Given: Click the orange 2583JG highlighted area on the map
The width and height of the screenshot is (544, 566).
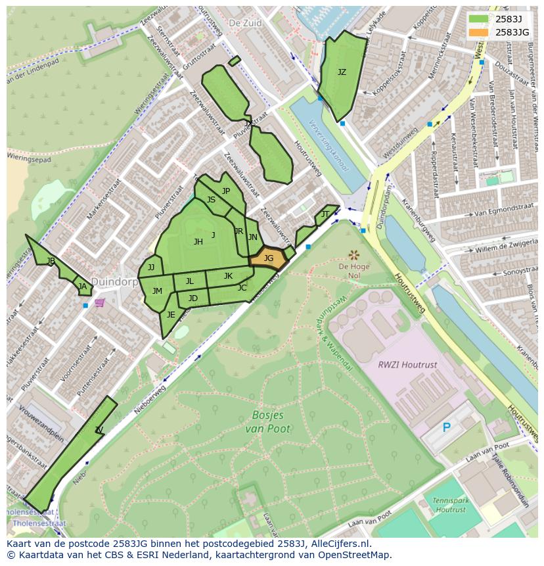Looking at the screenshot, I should tap(269, 258).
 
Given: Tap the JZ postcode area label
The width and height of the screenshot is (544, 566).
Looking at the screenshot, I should tap(342, 72).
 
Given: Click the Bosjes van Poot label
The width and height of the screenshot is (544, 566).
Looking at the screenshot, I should tap(269, 422).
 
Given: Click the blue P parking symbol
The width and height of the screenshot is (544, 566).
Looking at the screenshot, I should tap(447, 428).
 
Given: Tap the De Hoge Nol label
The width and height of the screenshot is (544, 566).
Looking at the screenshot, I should tap(354, 271).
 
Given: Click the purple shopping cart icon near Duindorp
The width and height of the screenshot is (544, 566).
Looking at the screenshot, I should tap(99, 302).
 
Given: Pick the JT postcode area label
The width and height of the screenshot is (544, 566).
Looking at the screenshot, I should tap(325, 214).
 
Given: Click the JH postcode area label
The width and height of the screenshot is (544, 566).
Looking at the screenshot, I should tap(198, 242).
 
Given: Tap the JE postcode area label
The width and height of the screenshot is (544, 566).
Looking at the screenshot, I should tap(171, 315).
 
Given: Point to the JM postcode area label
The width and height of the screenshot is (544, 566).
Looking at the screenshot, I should tap(157, 291).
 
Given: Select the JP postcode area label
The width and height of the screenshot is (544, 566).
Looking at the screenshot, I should tap(226, 191).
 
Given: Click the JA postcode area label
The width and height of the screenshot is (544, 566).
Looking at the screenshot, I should tap(82, 287).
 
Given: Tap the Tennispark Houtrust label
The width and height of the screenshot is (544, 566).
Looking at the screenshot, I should tap(450, 505).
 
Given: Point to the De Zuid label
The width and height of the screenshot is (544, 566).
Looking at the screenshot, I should tap(245, 23).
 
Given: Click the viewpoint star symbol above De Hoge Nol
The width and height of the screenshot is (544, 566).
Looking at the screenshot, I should tap(354, 254).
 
